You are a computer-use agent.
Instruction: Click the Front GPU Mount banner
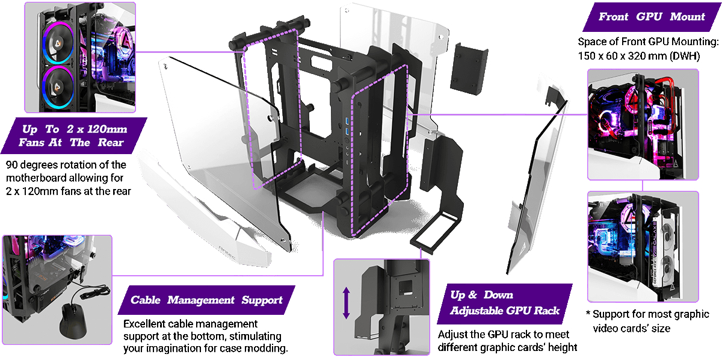click(652, 17)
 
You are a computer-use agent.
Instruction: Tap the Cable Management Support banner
click(206, 300)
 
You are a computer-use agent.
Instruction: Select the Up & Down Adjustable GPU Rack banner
click(504, 303)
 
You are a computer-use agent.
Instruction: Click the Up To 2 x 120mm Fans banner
click(73, 135)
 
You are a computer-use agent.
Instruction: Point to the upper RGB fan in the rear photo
click(58, 43)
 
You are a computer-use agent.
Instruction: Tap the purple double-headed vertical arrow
click(346, 303)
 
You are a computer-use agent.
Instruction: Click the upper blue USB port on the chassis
click(347, 120)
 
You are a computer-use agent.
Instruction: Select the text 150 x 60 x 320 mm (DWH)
click(639, 56)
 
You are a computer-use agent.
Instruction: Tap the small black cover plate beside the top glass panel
click(469, 69)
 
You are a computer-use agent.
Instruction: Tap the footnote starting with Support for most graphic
click(648, 321)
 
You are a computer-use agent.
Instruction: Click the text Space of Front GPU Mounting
click(648, 42)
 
